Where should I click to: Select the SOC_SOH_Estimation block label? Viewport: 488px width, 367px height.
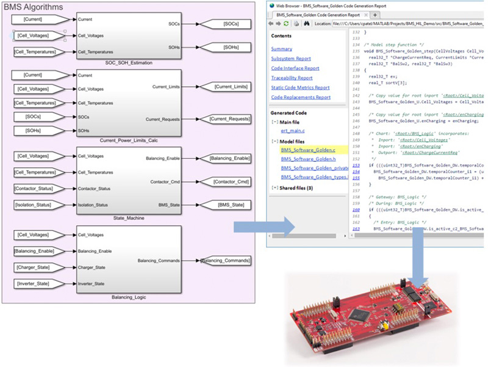[x=129, y=63]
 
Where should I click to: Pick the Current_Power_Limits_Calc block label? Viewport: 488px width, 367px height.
[x=129, y=140]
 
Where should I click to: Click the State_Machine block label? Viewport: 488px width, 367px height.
[x=129, y=217]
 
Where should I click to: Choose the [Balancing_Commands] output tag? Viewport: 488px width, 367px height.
[x=226, y=261]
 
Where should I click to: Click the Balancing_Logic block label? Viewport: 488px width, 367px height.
[x=129, y=297]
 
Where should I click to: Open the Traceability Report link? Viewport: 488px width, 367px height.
[x=292, y=78]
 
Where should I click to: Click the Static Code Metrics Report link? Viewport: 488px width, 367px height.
[x=300, y=87]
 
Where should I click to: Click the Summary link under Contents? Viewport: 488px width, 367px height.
[x=281, y=48]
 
